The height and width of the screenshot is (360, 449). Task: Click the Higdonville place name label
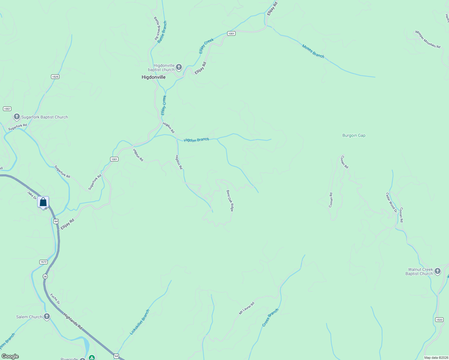153,77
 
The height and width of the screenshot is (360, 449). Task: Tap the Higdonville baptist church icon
179,67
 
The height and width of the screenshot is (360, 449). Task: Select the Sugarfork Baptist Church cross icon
17,117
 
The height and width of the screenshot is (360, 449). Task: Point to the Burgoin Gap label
354,136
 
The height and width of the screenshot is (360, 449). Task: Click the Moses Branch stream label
313,51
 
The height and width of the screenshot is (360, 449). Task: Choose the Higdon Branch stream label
196,140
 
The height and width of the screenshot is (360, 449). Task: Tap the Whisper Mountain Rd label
428,39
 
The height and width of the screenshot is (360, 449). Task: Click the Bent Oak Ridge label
230,201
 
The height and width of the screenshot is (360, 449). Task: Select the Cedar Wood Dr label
391,202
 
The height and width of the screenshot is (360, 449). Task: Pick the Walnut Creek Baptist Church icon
438,271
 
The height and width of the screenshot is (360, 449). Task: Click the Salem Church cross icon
47,316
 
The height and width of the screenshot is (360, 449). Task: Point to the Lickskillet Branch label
140,322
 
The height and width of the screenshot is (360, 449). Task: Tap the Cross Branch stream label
270,317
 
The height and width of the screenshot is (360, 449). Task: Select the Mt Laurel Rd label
246,308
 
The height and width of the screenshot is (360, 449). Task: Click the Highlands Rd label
73,321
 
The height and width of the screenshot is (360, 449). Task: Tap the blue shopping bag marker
43,202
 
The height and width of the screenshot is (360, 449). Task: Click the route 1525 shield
55,77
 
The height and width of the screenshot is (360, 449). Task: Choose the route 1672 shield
44,262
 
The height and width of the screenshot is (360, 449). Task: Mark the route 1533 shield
439,320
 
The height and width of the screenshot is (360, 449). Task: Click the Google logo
10,356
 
